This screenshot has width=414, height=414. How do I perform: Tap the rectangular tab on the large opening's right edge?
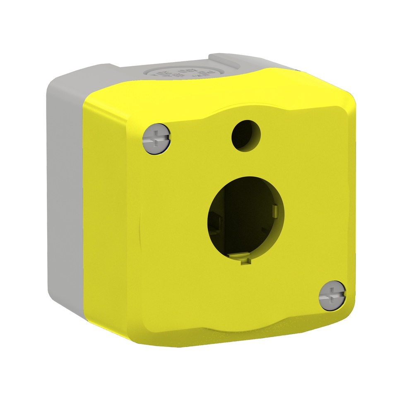pos(274,211)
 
